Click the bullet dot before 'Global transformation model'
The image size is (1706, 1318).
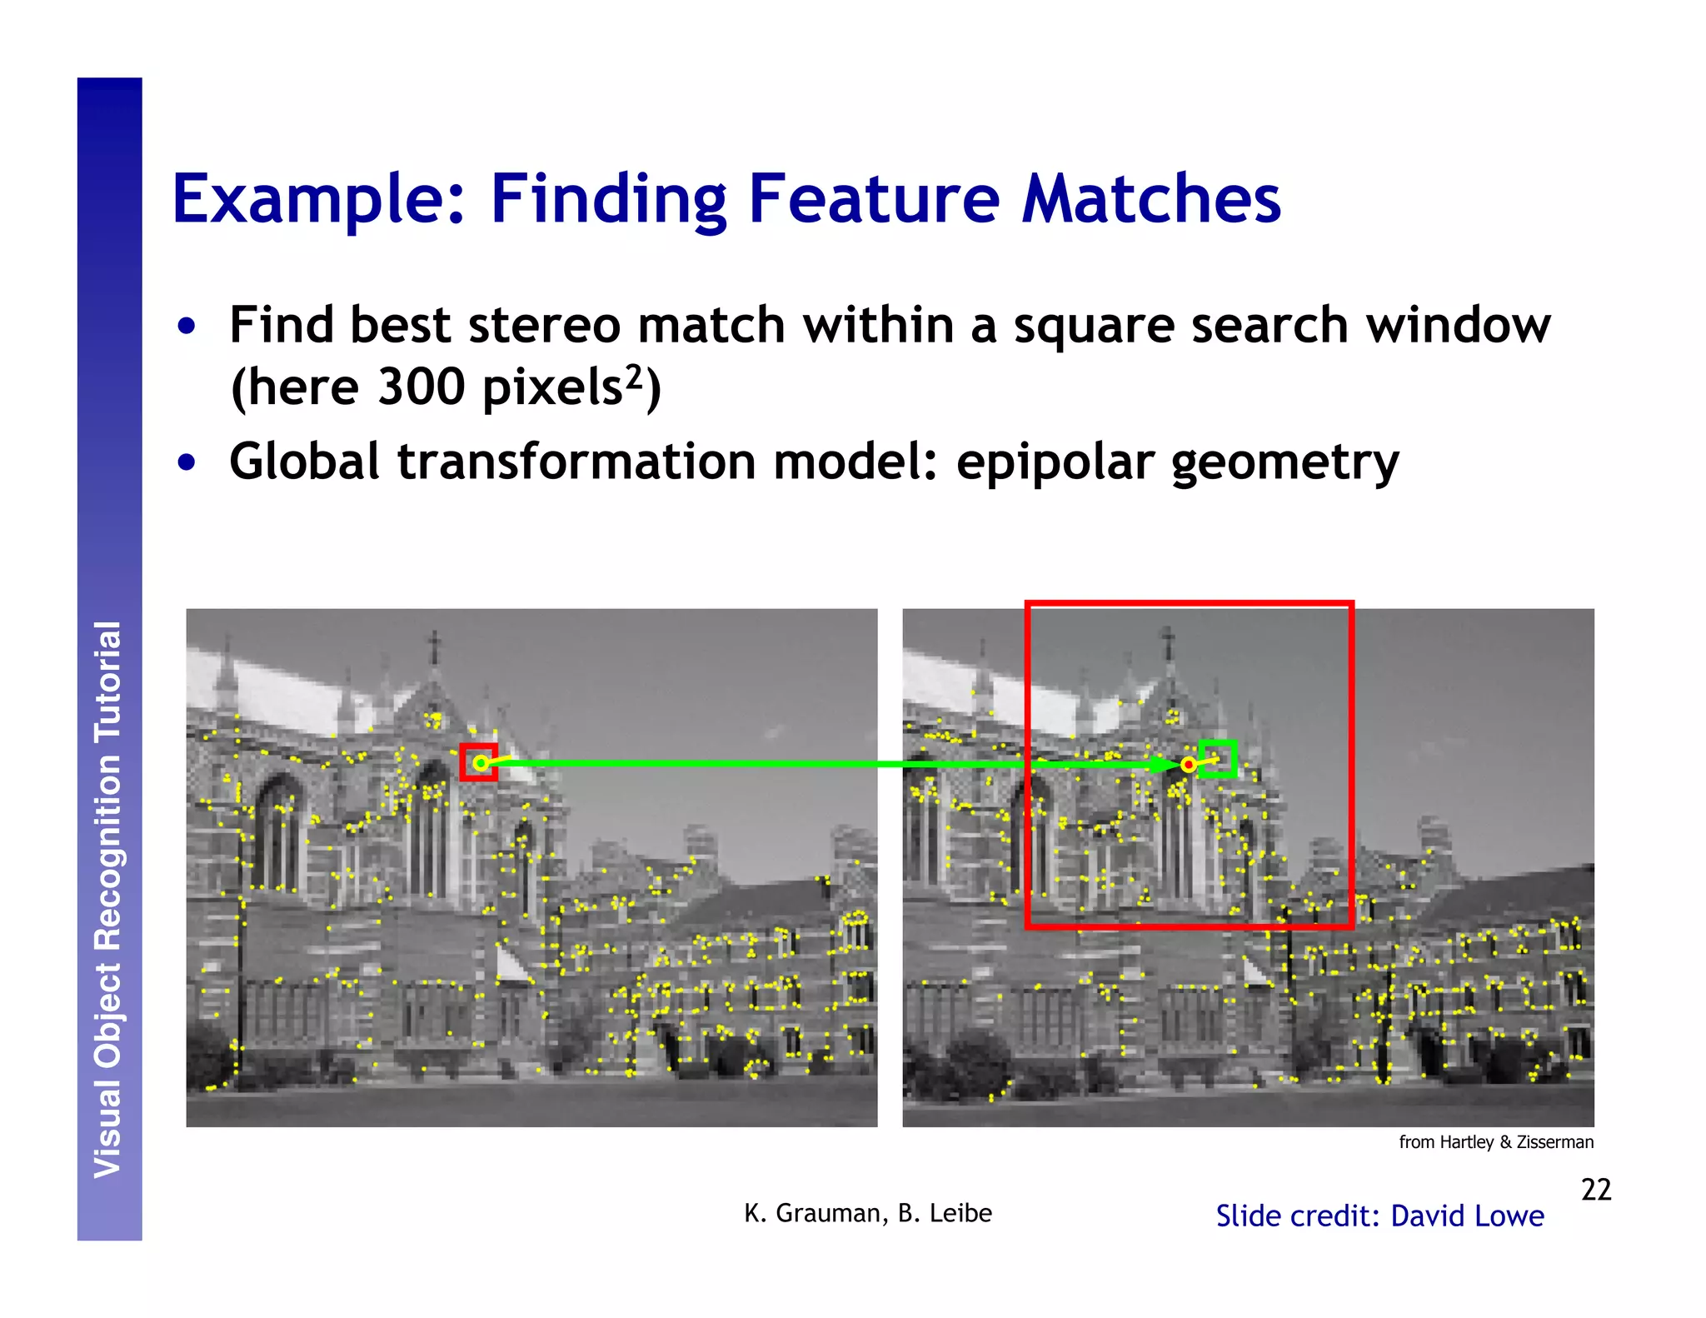tap(187, 462)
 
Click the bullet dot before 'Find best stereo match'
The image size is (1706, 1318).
tap(187, 326)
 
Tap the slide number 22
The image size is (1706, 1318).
tap(1595, 1189)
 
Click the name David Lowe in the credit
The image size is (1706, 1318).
tap(1467, 1216)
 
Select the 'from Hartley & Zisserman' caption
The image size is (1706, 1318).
tap(1495, 1141)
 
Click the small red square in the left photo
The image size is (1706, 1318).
tap(479, 761)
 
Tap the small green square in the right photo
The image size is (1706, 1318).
tap(1217, 758)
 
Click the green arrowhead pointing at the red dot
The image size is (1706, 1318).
tap(1161, 764)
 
